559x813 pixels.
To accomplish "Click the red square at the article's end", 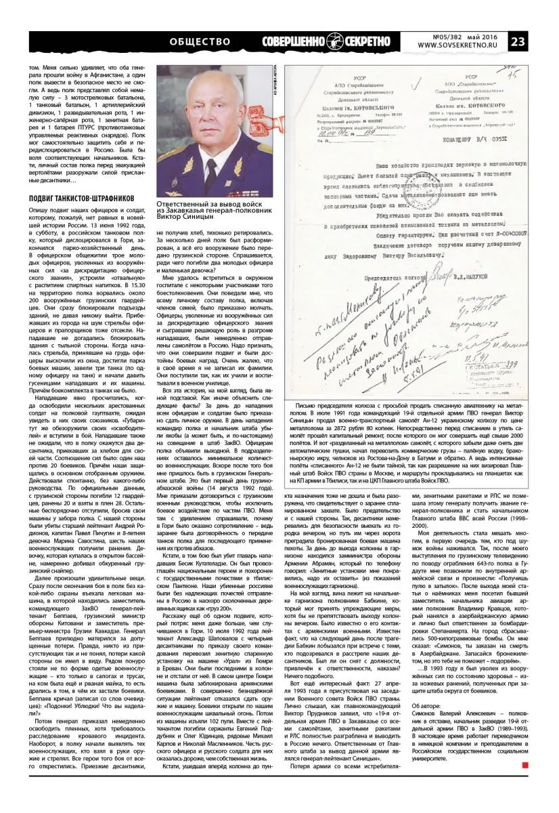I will pyautogui.click(x=524, y=784).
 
